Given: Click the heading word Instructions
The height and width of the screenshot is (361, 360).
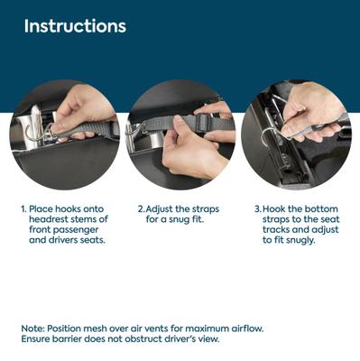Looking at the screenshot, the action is [x=75, y=26].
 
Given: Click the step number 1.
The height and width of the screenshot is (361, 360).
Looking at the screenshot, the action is [x=23, y=209].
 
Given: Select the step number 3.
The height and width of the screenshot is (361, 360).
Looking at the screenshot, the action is [x=258, y=209].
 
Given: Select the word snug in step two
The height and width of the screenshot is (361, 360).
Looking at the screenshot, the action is [x=179, y=220].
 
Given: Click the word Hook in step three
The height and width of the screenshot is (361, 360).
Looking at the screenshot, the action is [x=274, y=209].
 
